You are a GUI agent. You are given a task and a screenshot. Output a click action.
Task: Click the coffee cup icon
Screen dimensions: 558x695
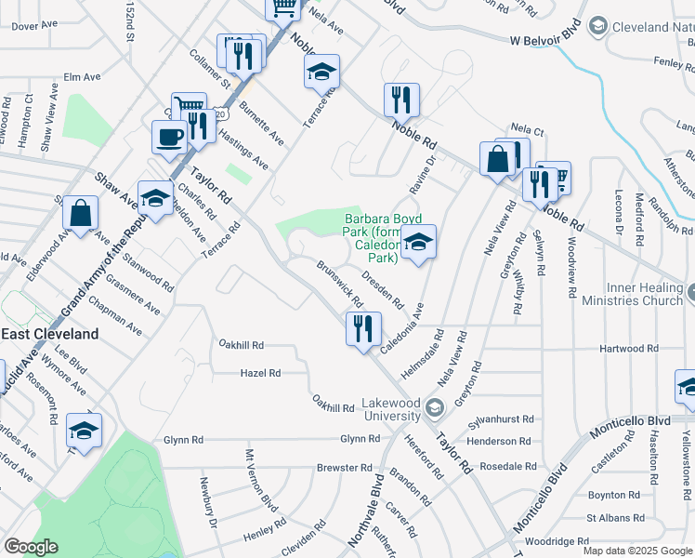(168, 137)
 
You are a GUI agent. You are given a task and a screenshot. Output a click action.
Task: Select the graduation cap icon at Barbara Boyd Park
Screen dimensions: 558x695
(419, 244)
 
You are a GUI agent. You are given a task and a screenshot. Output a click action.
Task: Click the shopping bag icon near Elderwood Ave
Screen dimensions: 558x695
(81, 212)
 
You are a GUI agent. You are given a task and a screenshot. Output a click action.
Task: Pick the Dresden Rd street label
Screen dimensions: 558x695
(383, 289)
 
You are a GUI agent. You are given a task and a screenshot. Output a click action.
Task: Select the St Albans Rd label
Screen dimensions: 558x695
(614, 518)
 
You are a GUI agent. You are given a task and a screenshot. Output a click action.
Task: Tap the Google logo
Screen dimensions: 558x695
(31, 547)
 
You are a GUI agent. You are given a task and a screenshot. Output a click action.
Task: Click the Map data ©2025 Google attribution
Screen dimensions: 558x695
(637, 551)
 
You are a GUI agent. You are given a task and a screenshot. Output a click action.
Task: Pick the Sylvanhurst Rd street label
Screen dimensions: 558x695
(502, 419)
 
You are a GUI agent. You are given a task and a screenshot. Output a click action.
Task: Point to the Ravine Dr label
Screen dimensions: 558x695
(426, 169)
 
